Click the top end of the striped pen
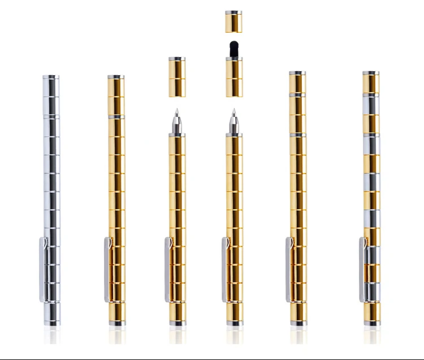coord(371,73)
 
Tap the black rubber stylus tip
coord(233,49)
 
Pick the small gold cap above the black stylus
coord(233,21)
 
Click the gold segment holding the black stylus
coord(233,76)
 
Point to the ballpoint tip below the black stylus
coord(233,122)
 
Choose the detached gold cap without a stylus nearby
coord(177,76)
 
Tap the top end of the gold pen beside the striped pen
coord(297,73)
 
